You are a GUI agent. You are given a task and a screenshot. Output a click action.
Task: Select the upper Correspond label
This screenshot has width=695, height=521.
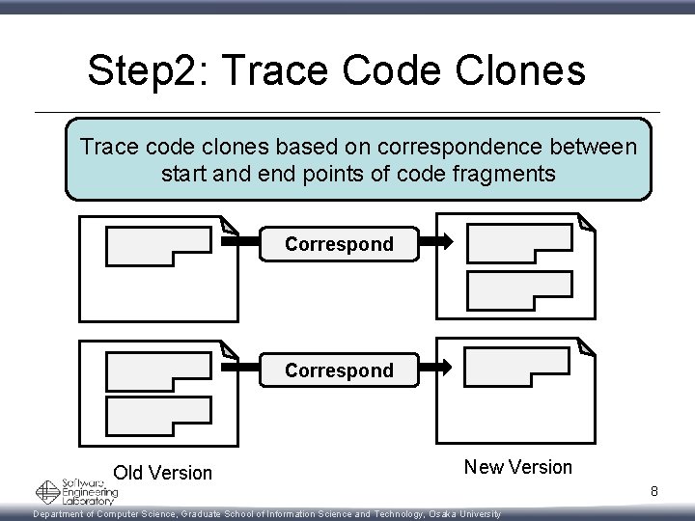point(339,244)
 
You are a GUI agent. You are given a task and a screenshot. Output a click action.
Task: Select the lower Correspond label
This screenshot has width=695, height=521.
point(339,370)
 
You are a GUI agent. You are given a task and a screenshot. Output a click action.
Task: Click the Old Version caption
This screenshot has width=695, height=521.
point(162,473)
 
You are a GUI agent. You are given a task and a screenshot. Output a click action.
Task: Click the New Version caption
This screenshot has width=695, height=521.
point(517,467)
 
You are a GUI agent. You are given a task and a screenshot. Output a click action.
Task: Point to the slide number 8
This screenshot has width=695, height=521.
point(653,492)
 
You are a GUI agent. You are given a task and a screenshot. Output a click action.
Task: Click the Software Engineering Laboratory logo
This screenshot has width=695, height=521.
point(76,492)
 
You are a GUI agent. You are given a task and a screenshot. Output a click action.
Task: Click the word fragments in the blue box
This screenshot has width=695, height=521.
point(510,175)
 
